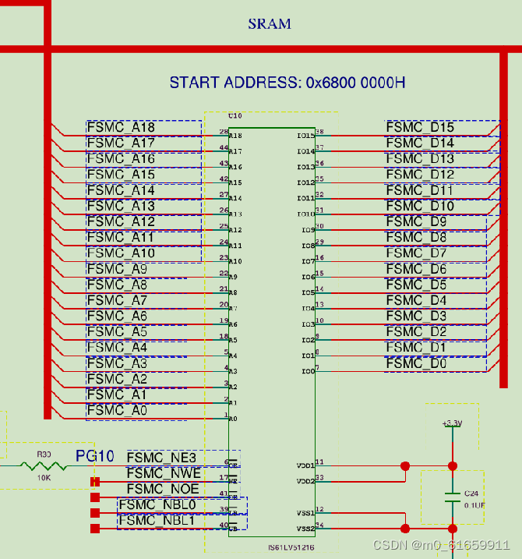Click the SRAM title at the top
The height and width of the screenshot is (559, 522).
(270, 24)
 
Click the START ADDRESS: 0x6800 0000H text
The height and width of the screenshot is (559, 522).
(287, 83)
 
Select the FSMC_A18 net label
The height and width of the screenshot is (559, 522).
(121, 127)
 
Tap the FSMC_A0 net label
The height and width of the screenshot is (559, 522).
(117, 410)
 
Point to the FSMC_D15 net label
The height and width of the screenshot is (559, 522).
(420, 127)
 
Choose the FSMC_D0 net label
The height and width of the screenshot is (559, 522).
(416, 363)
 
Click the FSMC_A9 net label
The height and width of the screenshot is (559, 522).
(117, 269)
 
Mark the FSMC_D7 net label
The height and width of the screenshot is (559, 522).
(416, 253)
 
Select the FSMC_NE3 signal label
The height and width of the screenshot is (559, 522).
(161, 457)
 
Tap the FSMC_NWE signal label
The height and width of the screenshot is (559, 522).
(164, 473)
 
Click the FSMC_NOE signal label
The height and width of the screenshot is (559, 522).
(163, 489)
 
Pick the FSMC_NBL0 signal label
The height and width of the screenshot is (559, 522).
(157, 505)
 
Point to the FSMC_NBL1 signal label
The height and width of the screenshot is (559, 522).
(157, 520)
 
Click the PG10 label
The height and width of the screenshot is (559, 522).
(95, 456)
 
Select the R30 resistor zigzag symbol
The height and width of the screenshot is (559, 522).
(44, 466)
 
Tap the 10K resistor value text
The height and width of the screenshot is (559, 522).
(44, 477)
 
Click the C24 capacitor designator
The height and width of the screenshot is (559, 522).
(471, 494)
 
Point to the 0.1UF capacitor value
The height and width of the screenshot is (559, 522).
(474, 505)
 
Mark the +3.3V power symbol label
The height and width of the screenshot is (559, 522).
(452, 423)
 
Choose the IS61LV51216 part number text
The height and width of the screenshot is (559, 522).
(291, 548)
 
